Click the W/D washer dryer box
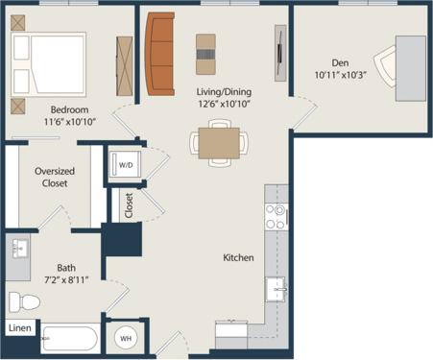[x=126, y=164]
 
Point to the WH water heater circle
[x=126, y=337]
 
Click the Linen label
[x=19, y=328]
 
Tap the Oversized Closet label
[x=55, y=178]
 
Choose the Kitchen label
[x=238, y=257]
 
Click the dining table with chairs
[x=219, y=142]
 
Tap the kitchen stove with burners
[x=277, y=216]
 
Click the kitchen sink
[x=277, y=288]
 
